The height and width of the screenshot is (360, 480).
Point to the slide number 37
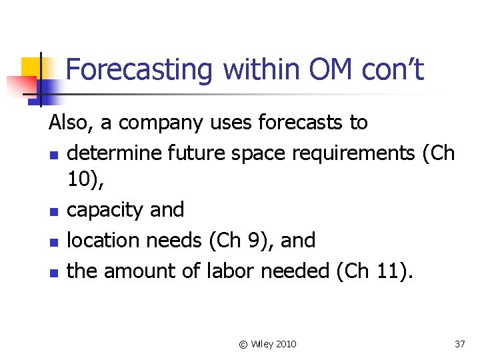coord(459,344)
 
